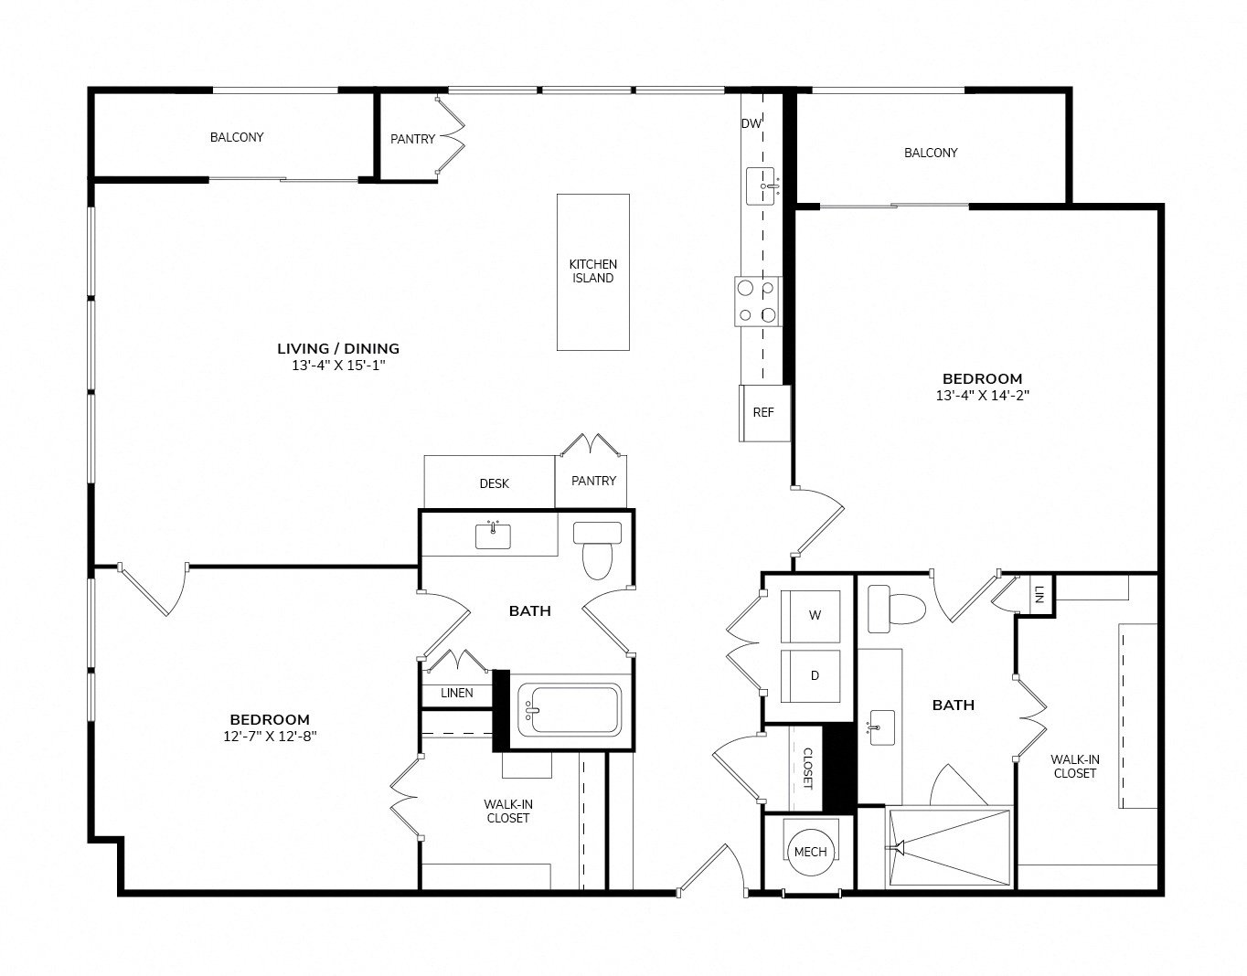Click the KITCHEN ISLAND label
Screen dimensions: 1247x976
click(592, 271)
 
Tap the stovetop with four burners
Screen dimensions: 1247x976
click(758, 302)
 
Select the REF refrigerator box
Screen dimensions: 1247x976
click(764, 413)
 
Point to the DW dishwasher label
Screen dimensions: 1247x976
click(751, 123)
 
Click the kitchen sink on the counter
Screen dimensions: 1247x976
click(761, 186)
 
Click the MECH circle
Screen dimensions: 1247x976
click(810, 852)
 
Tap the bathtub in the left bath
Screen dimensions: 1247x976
click(570, 711)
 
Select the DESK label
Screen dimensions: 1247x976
click(494, 484)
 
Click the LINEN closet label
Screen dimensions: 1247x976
click(457, 694)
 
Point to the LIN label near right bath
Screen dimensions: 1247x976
click(1039, 595)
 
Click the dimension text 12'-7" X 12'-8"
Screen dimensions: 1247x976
click(270, 737)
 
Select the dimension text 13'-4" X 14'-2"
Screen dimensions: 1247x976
click(983, 395)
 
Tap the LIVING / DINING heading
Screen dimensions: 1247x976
click(338, 349)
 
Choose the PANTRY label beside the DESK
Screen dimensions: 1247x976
click(593, 481)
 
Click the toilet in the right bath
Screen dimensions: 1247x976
click(896, 609)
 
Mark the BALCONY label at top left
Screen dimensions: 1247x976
click(237, 138)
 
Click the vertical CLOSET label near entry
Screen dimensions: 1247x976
click(807, 769)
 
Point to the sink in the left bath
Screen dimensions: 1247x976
click(493, 536)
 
